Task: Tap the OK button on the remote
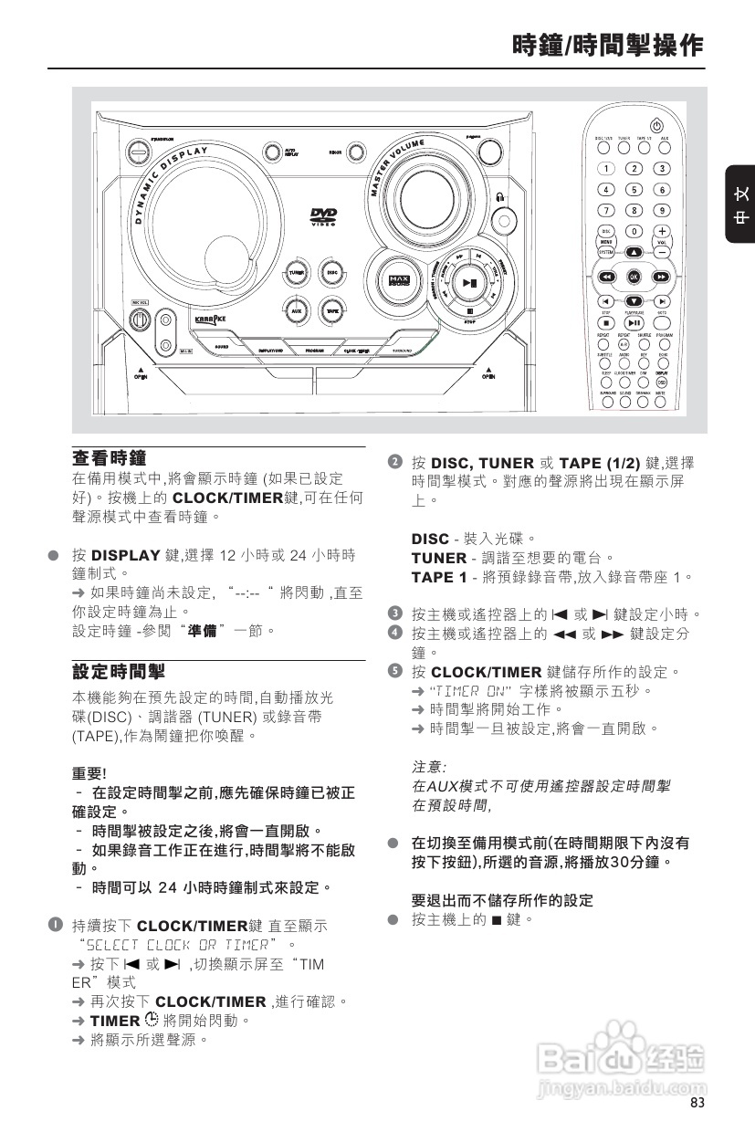point(634,276)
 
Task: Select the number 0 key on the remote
point(634,231)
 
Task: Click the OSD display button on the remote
point(662,382)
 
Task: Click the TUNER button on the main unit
point(296,273)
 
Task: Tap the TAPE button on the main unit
point(333,310)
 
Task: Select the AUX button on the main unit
point(296,310)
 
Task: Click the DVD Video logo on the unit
point(323,217)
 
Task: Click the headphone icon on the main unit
point(500,197)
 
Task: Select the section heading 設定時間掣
point(119,672)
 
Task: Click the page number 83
point(697,1104)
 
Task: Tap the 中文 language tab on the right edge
point(740,205)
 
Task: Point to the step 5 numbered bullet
point(394,672)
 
